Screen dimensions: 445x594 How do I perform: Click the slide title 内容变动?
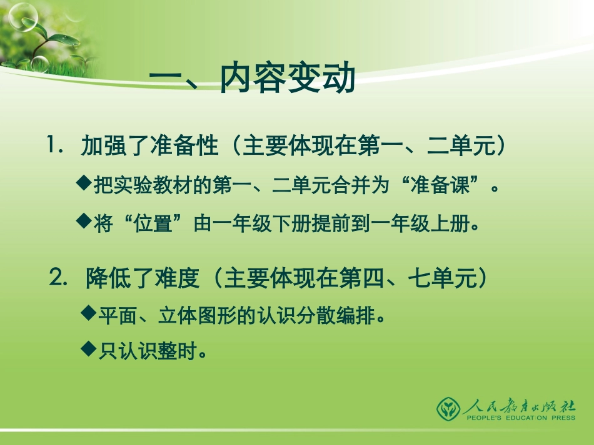point(288,80)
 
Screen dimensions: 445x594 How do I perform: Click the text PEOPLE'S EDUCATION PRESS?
point(519,419)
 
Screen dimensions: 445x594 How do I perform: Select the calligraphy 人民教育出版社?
point(519,406)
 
